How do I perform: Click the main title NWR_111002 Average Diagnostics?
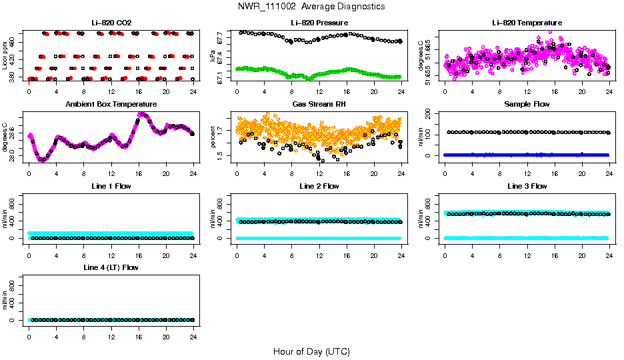click(x=311, y=7)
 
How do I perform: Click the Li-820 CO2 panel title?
click(x=111, y=23)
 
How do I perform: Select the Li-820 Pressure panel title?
click(x=319, y=23)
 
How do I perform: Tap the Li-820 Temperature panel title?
click(x=527, y=23)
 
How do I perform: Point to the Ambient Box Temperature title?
click(x=111, y=104)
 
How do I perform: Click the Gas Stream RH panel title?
click(x=319, y=104)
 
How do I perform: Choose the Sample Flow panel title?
click(x=527, y=104)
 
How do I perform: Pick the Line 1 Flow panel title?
click(x=111, y=186)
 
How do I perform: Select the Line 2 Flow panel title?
click(x=319, y=186)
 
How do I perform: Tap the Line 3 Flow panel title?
click(x=527, y=186)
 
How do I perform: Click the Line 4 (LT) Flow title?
click(x=111, y=267)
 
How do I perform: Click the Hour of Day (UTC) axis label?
click(x=311, y=351)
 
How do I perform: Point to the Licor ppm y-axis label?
click(x=5, y=55)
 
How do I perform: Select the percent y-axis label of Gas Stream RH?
click(x=213, y=137)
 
